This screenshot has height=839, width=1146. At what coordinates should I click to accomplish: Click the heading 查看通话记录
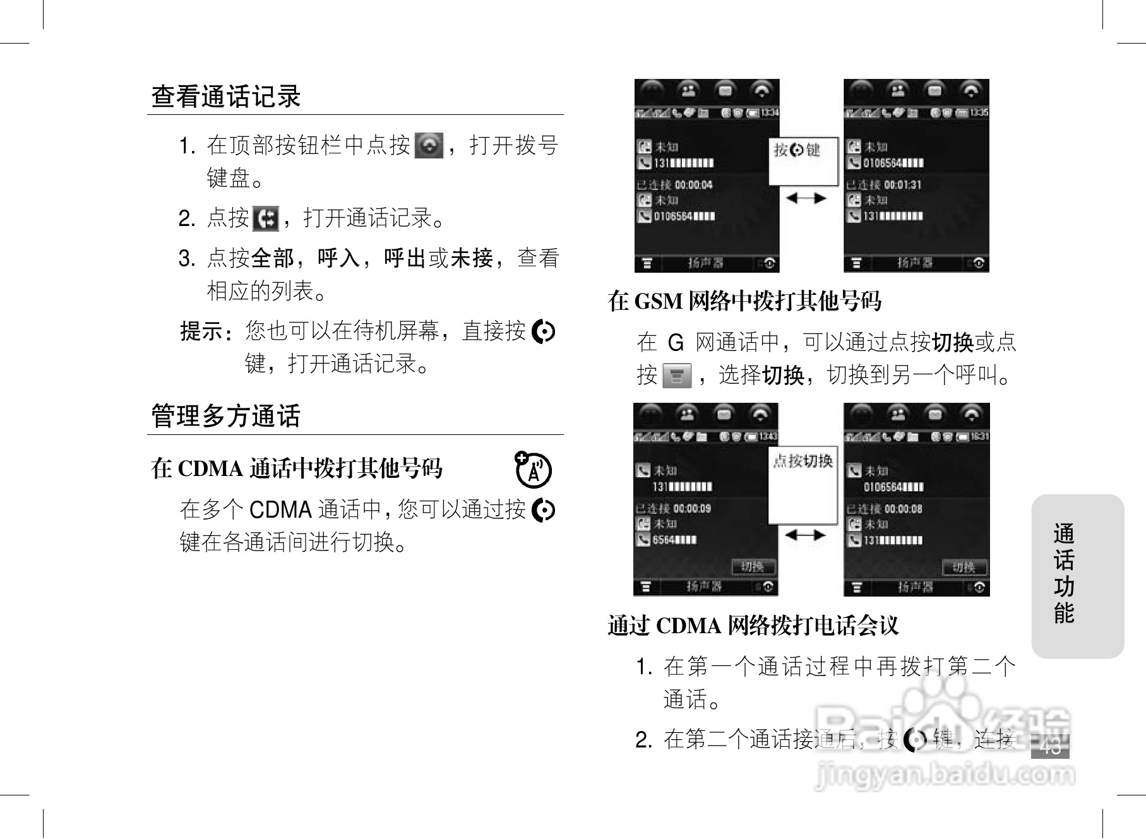pyautogui.click(x=226, y=97)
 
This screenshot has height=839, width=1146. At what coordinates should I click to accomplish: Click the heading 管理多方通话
pyautogui.click(x=226, y=416)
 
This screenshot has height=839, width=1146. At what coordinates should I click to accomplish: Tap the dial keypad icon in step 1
pyautogui.click(x=429, y=145)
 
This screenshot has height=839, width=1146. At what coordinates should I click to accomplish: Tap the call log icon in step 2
pyautogui.click(x=265, y=218)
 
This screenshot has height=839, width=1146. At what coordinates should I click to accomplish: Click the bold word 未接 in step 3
pyautogui.click(x=472, y=258)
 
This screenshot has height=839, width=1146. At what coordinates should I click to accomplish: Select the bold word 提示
pyautogui.click(x=201, y=331)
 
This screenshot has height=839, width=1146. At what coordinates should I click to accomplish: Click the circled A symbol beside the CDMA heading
pyautogui.click(x=534, y=470)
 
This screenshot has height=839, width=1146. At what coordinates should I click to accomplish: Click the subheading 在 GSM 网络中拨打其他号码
pyautogui.click(x=744, y=301)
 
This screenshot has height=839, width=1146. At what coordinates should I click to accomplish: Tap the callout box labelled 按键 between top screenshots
pyautogui.click(x=803, y=161)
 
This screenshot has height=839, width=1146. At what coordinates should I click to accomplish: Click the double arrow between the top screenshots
pyautogui.click(x=806, y=198)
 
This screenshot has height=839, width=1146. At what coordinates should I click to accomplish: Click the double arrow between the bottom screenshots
pyautogui.click(x=805, y=535)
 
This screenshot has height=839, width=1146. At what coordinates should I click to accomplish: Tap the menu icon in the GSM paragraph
pyautogui.click(x=677, y=376)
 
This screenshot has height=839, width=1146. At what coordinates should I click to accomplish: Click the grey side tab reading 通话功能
pyautogui.click(x=1077, y=575)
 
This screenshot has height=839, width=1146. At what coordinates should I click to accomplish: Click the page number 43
pyautogui.click(x=1050, y=747)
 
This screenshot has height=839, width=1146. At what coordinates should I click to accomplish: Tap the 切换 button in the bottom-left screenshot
pyautogui.click(x=753, y=566)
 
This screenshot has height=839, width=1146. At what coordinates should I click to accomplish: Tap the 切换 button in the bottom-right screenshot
pyautogui.click(x=964, y=567)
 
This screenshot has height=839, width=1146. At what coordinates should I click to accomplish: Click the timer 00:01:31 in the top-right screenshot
pyautogui.click(x=903, y=185)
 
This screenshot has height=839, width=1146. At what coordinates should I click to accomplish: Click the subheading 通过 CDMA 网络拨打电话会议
pyautogui.click(x=753, y=626)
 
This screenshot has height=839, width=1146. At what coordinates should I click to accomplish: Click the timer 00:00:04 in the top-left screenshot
pyautogui.click(x=693, y=185)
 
